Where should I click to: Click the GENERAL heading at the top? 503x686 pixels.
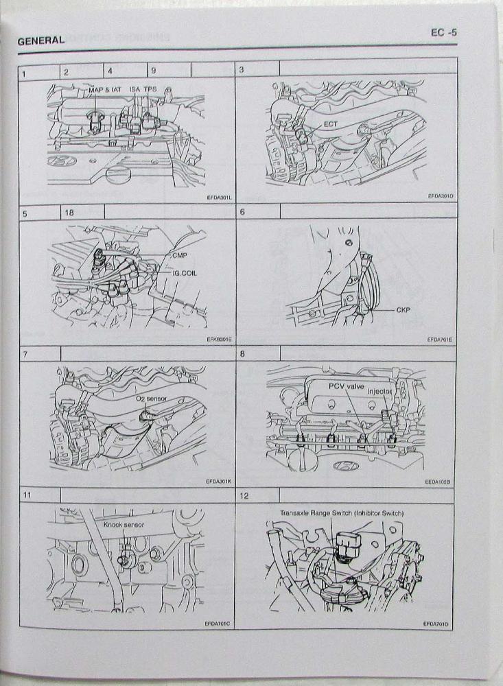(41, 40)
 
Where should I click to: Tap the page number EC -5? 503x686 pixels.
(443, 32)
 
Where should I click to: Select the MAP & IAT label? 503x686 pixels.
(104, 90)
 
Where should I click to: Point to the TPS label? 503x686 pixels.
(150, 88)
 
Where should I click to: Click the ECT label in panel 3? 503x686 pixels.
(331, 124)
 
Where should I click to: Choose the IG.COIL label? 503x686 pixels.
(185, 273)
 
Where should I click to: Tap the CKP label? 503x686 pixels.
(403, 310)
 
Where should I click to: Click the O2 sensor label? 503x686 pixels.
(151, 399)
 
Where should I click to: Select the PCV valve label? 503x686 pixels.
(347, 386)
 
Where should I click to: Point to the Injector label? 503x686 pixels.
(379, 391)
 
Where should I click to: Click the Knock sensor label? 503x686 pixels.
(124, 525)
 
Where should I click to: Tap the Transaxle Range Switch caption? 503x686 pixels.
(342, 512)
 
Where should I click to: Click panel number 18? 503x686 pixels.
(69, 213)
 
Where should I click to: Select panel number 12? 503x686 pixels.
(244, 496)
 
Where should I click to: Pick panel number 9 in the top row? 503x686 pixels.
(153, 71)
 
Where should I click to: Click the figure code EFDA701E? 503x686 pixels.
(439, 340)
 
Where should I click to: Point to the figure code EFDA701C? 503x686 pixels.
(217, 624)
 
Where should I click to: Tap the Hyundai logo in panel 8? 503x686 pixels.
(347, 466)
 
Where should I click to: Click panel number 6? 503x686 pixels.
(242, 212)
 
